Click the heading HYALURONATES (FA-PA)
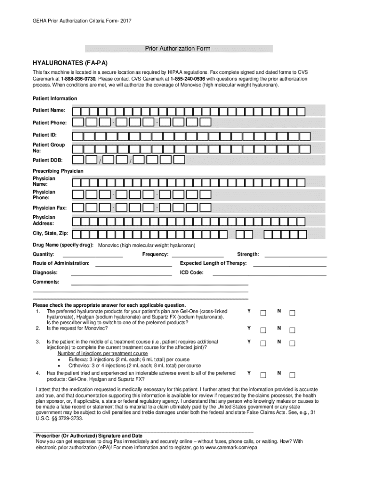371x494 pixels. [70, 63]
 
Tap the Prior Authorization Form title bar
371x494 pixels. [178, 49]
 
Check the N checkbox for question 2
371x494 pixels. [292, 330]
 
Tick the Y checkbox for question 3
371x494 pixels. [263, 343]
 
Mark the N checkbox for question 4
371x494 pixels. [292, 375]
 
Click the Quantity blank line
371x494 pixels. [93, 256]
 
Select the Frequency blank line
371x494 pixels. [198, 256]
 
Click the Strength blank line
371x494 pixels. [296, 256]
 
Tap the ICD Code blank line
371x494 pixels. [269, 274]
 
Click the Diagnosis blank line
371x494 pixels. [121, 274]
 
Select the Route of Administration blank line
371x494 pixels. [134, 265]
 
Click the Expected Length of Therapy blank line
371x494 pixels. [290, 265]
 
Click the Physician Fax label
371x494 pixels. [50, 208]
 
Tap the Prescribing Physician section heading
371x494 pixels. [58, 171]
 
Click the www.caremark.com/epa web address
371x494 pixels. [230, 448]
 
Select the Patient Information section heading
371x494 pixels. [54, 98]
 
